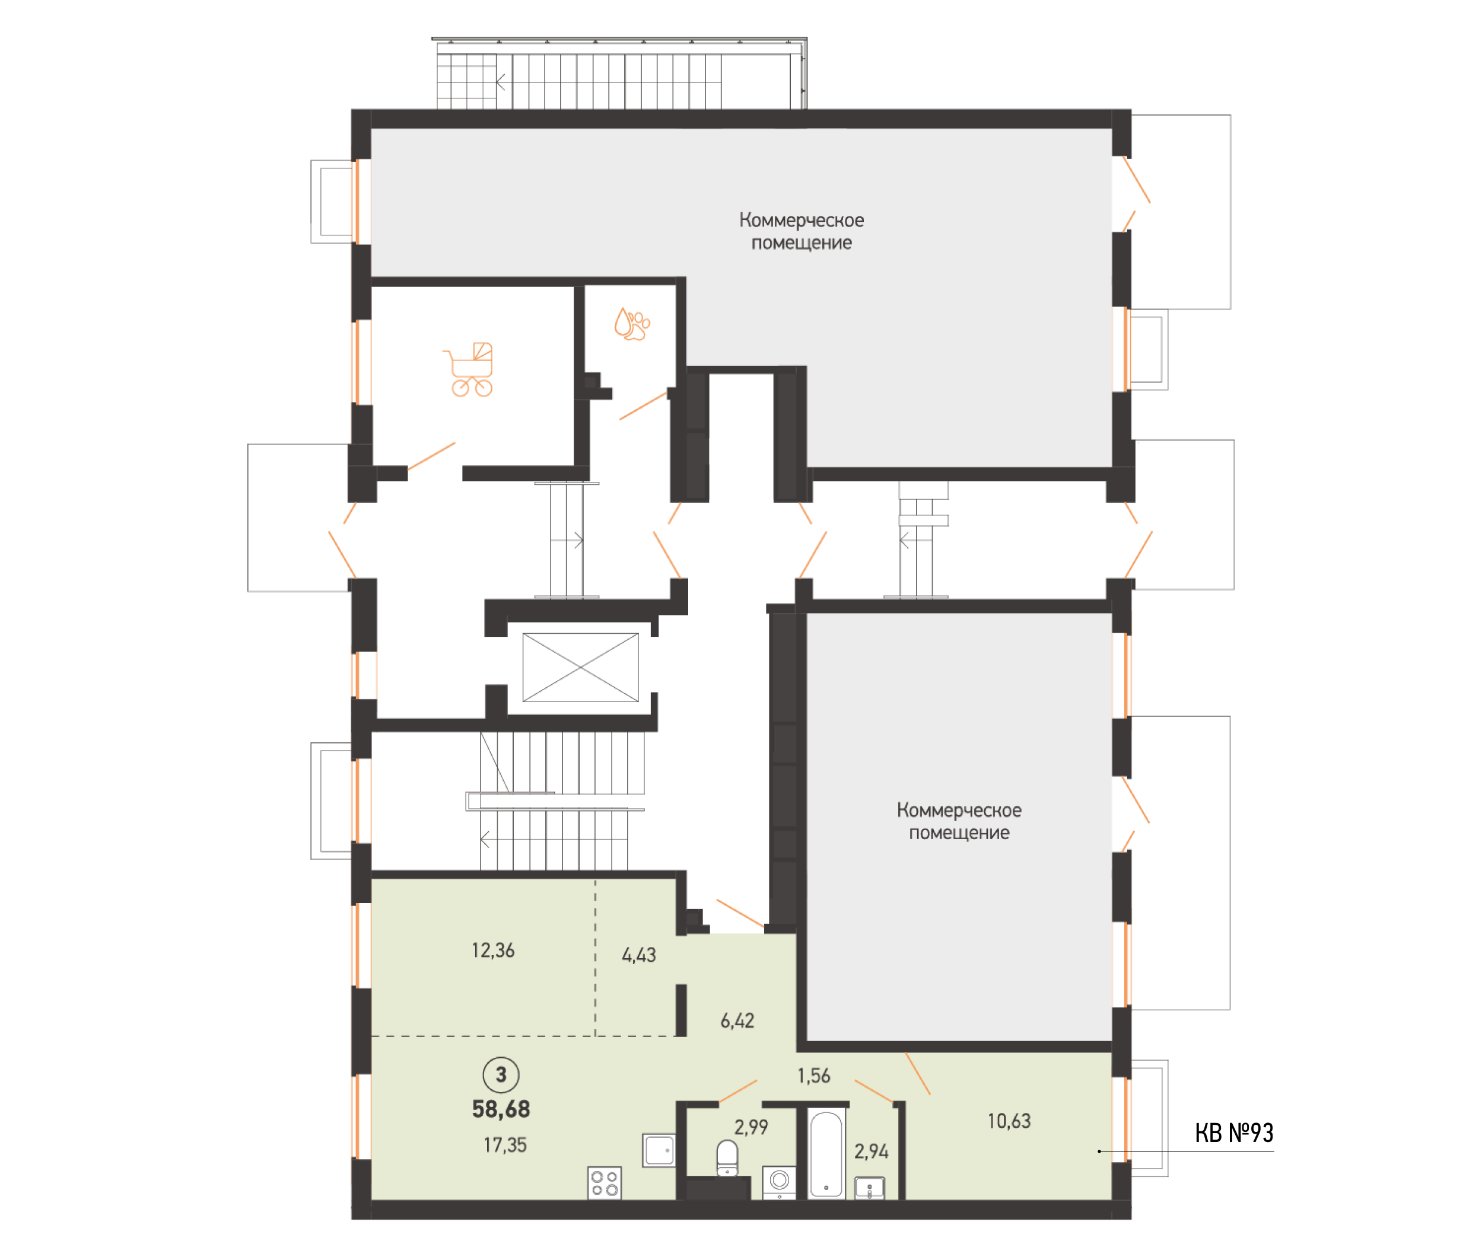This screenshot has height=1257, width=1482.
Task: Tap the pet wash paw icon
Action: [x=632, y=324]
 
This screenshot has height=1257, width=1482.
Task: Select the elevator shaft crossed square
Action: [x=580, y=667]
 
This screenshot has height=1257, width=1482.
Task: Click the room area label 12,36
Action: [x=492, y=950]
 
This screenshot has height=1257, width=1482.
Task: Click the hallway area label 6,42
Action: [x=736, y=1020]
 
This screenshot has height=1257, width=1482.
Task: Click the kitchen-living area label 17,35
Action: [x=505, y=1145]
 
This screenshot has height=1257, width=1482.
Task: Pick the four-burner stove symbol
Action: [x=605, y=1183]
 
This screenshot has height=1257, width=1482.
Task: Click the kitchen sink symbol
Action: [x=659, y=1150]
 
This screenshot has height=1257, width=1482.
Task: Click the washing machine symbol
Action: [x=779, y=1182]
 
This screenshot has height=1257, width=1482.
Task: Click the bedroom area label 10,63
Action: [x=1009, y=1121]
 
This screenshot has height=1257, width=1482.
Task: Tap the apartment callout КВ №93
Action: [x=1234, y=1133]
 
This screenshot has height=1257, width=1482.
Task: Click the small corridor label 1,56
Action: [x=813, y=1076]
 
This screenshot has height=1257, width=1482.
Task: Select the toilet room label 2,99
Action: [x=750, y=1127]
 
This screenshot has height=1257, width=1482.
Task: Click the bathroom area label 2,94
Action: [x=871, y=1151]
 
